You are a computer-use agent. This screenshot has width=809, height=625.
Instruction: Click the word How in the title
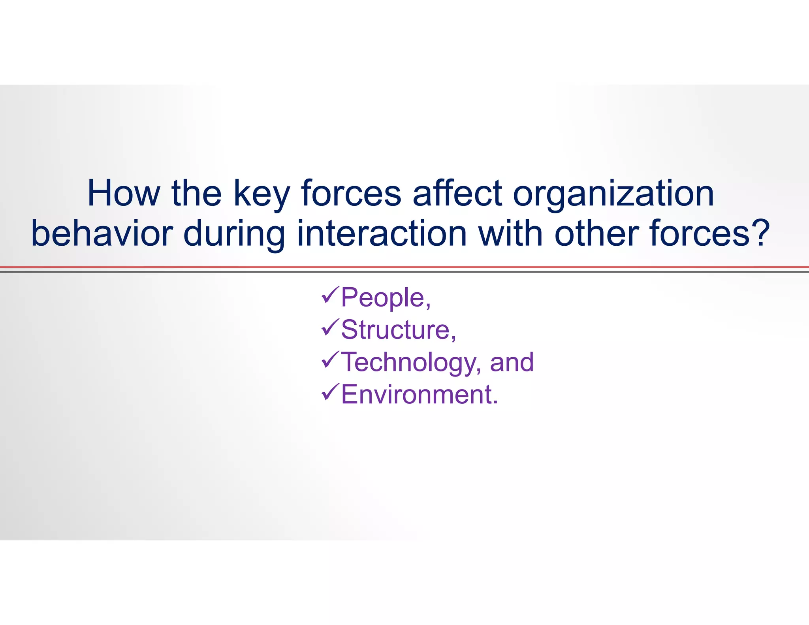click(x=123, y=193)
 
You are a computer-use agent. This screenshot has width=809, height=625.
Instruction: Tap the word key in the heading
click(x=262, y=194)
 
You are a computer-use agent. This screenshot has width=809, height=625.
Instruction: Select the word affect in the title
click(x=457, y=193)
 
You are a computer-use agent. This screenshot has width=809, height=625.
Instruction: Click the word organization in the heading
click(x=613, y=194)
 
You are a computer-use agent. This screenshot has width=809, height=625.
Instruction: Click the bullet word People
click(x=382, y=297)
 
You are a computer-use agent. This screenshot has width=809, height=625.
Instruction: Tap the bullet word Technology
click(x=408, y=363)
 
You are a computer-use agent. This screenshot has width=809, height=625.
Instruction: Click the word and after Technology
click(x=512, y=362)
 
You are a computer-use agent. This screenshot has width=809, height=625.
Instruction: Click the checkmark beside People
click(x=329, y=296)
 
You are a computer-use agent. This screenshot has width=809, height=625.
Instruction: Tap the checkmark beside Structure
click(x=329, y=328)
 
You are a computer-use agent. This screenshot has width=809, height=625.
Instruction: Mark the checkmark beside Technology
click(x=329, y=360)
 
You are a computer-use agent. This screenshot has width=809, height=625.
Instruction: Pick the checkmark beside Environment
click(x=329, y=392)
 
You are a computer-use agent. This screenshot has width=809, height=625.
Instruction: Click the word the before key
click(x=196, y=193)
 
